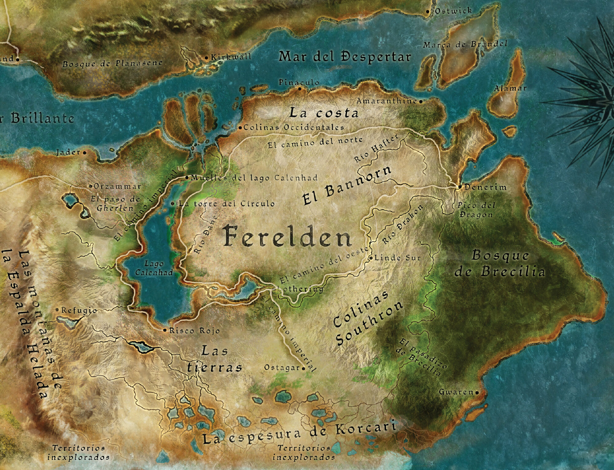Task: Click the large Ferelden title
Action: (x=287, y=236)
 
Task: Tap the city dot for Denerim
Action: (x=460, y=187)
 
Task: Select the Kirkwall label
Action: (x=231, y=57)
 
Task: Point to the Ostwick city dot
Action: (x=428, y=12)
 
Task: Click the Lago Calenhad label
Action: (x=154, y=268)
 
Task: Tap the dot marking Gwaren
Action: (x=477, y=393)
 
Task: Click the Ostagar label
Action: (x=282, y=368)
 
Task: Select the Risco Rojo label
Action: (x=195, y=331)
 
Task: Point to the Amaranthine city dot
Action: (x=421, y=101)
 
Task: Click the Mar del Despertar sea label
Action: (x=344, y=57)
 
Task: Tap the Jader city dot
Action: (x=84, y=152)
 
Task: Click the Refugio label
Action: (x=79, y=310)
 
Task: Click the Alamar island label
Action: (x=510, y=89)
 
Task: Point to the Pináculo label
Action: (x=299, y=82)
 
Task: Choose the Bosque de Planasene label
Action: (x=112, y=64)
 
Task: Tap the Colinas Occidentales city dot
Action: (x=240, y=128)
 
